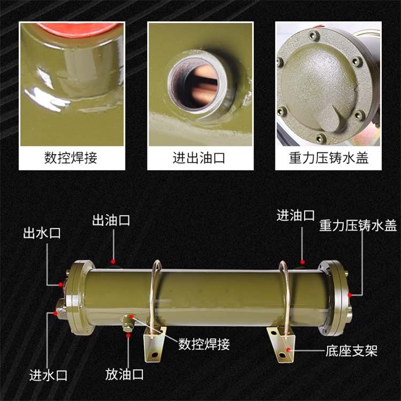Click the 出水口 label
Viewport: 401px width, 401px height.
(x=42, y=233)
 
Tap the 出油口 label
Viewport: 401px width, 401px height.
(x=111, y=220)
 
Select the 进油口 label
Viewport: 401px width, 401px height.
(x=295, y=215)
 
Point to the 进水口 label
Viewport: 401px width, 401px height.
(x=48, y=375)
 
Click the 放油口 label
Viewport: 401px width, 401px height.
(x=124, y=374)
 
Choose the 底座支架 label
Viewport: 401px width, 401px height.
(x=351, y=351)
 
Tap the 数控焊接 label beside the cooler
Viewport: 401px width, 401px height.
(x=204, y=344)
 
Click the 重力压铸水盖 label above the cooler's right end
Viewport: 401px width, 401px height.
(x=358, y=226)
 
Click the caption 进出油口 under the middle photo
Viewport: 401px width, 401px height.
(x=199, y=158)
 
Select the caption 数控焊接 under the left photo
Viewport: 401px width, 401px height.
(x=71, y=158)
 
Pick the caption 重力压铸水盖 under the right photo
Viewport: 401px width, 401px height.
(x=329, y=158)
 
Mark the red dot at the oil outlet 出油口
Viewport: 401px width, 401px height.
(x=113, y=261)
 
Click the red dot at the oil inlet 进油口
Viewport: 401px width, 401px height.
(x=302, y=262)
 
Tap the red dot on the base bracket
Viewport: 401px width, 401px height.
(x=289, y=350)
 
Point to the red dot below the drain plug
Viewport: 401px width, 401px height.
(x=128, y=335)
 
